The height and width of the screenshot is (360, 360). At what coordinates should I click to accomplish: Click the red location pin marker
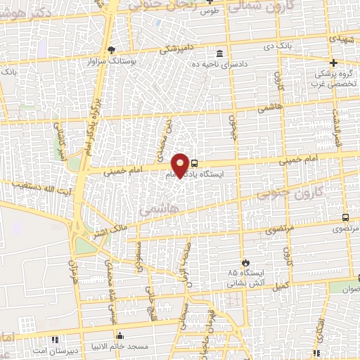[x=180, y=165]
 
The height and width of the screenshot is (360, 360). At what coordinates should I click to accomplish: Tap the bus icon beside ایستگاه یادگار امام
[x=194, y=161]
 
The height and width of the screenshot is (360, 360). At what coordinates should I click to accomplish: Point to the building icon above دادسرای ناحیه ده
[x=220, y=53]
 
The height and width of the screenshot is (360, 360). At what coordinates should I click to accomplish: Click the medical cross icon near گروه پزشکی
[x=335, y=63]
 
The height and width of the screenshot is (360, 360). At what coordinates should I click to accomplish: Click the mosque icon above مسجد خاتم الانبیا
[x=120, y=336]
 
